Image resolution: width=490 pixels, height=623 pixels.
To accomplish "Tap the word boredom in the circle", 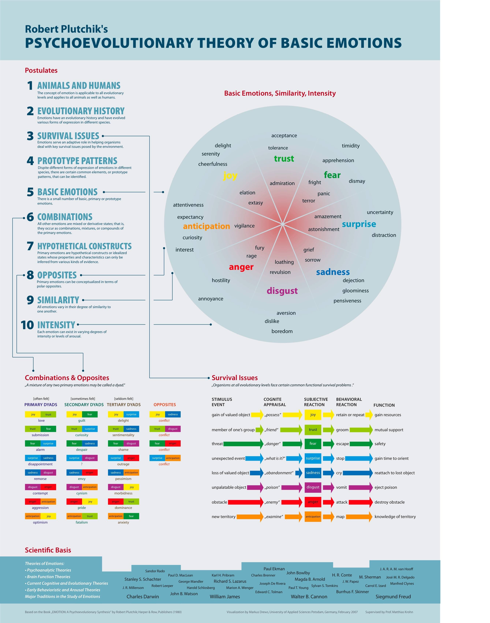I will pyautogui.click(x=282, y=331).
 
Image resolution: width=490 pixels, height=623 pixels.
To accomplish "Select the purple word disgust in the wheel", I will pyautogui.click(x=282, y=291).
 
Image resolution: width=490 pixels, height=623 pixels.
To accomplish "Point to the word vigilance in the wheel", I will pyautogui.click(x=244, y=226).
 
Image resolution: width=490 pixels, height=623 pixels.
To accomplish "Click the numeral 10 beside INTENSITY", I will pyautogui.click(x=27, y=325).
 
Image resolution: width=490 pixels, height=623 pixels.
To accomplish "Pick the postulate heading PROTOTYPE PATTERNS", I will pyautogui.click(x=77, y=161).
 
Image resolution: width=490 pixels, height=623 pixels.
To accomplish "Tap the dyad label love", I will pyautogui.click(x=41, y=421).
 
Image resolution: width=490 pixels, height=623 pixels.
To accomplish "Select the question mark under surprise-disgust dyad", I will pyautogui.click(x=82, y=464).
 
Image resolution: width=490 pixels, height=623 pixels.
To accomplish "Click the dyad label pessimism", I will pyautogui.click(x=123, y=479).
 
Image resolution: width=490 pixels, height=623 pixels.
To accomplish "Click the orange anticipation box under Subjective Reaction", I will pyautogui.click(x=313, y=517).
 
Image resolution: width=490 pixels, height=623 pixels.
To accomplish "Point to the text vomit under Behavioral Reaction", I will pyautogui.click(x=341, y=487).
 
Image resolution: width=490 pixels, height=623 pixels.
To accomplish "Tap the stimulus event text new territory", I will pyautogui.click(x=223, y=517).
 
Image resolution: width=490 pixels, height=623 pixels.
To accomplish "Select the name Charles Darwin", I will pyautogui.click(x=143, y=597).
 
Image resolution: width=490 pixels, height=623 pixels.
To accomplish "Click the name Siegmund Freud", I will pyautogui.click(x=393, y=597).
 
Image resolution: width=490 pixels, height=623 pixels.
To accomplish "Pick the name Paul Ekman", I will pyautogui.click(x=274, y=569).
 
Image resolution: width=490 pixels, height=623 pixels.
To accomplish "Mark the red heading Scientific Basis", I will pyautogui.click(x=48, y=550).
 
